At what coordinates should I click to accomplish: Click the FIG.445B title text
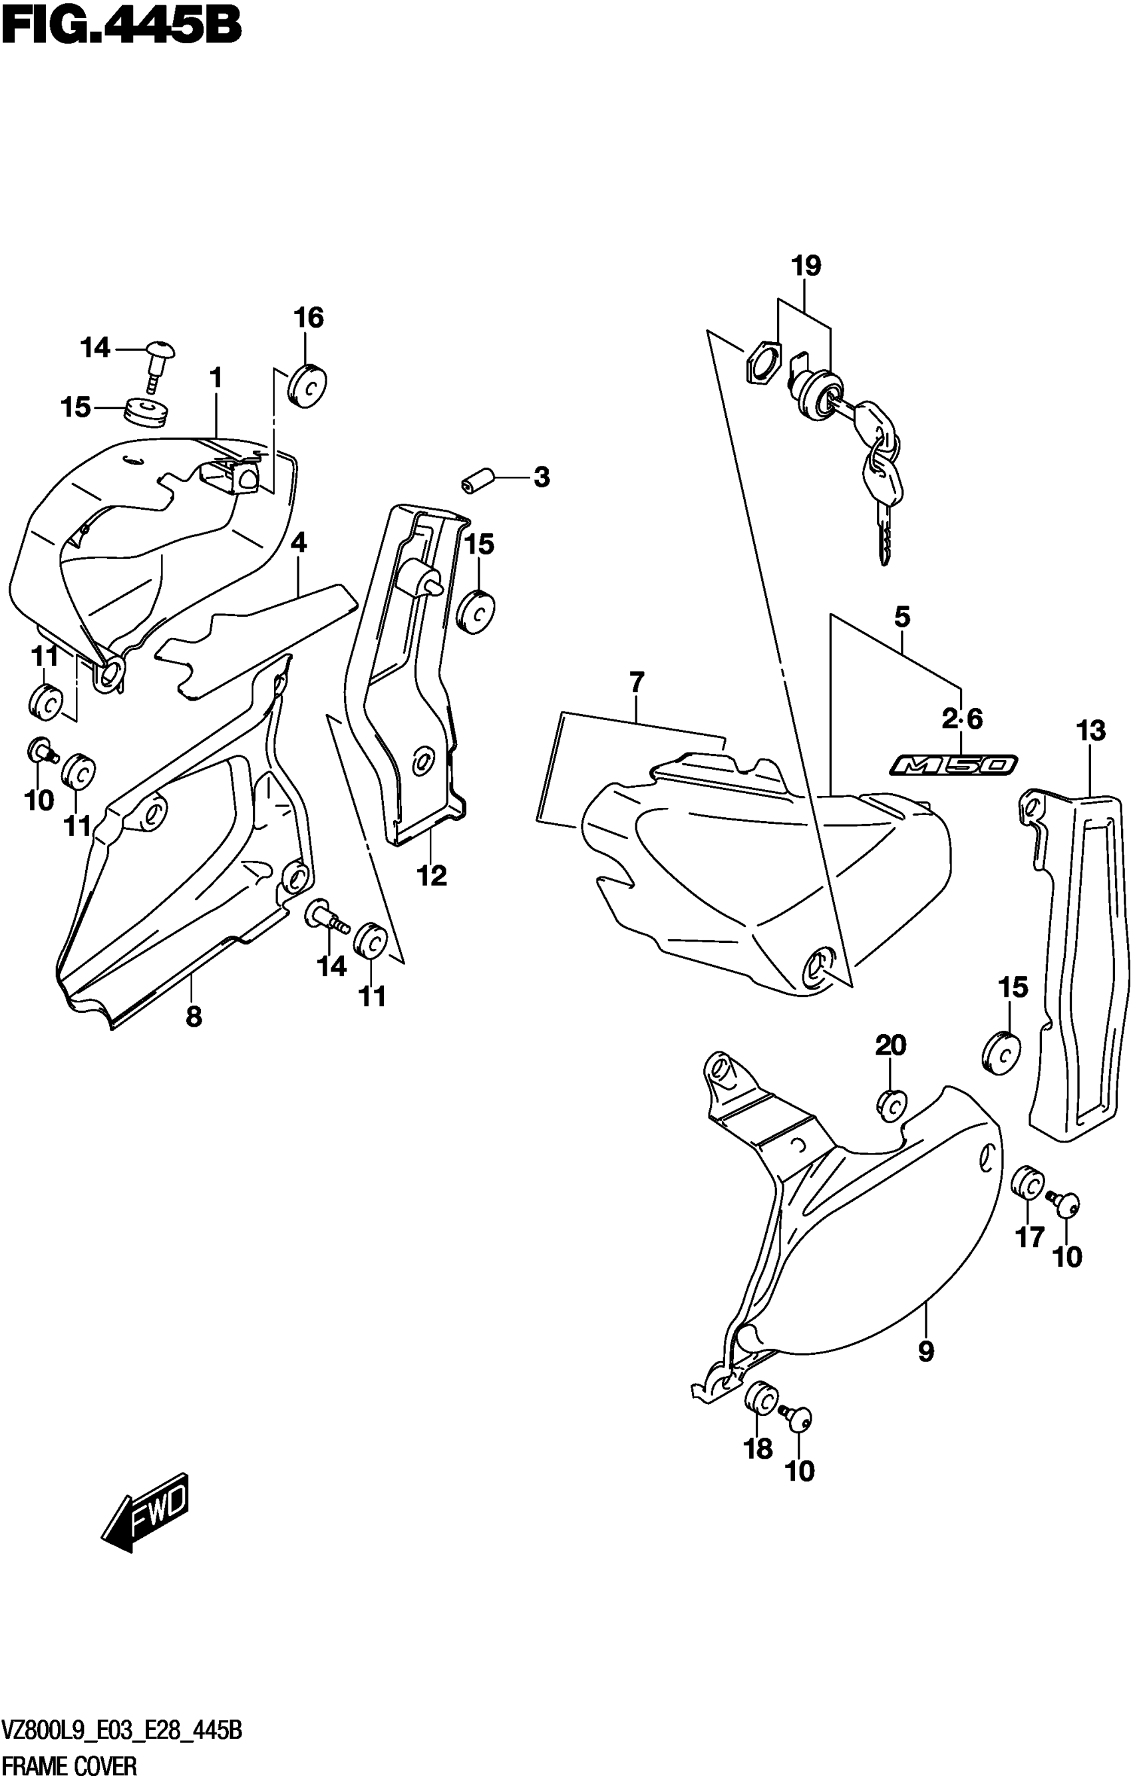[x=121, y=28]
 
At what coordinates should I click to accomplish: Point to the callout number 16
[x=308, y=318]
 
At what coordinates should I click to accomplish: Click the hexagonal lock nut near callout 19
[x=762, y=363]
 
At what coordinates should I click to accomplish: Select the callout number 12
[x=432, y=876]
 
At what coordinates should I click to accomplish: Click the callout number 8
[x=193, y=1016]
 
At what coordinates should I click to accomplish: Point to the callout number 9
[x=925, y=1351]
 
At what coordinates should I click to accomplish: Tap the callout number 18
[x=758, y=1448]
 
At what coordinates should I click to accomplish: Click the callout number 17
[x=1029, y=1237]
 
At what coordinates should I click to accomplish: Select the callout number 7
[x=637, y=681]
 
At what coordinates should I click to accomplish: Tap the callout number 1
[x=216, y=379]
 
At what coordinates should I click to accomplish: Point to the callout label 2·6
[x=963, y=718]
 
